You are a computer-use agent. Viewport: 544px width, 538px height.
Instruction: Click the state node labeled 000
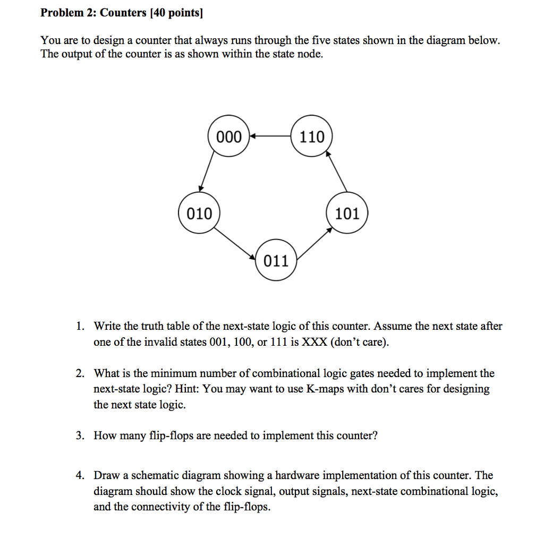pyautogui.click(x=229, y=137)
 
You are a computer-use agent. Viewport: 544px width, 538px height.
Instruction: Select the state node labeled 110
pyautogui.click(x=311, y=137)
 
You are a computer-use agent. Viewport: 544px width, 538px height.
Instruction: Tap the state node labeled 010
pyautogui.click(x=199, y=214)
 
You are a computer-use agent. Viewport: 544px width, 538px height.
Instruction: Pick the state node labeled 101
pyautogui.click(x=347, y=214)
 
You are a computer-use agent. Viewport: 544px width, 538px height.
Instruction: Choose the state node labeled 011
pyautogui.click(x=276, y=261)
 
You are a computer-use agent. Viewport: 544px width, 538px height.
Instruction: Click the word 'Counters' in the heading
pyautogui.click(x=123, y=13)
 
